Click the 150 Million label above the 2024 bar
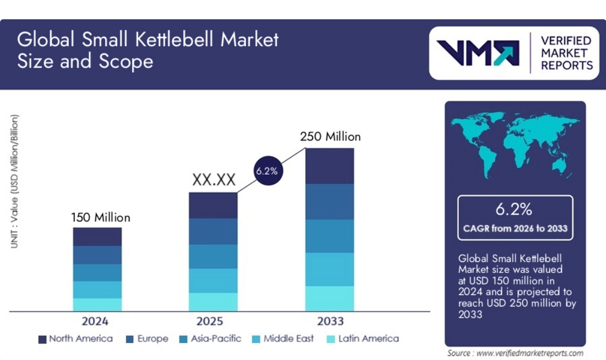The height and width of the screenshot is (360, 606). [100, 217]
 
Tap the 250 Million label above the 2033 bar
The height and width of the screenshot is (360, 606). [330, 136]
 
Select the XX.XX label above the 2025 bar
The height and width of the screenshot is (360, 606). [213, 180]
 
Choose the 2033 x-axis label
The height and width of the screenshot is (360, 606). [330, 321]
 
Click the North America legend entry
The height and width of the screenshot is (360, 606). [75, 338]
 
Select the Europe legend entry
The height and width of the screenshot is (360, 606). [147, 338]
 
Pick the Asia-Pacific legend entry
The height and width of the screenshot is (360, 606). [210, 338]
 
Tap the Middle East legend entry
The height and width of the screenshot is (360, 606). [283, 338]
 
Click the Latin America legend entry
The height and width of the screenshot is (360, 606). [362, 338]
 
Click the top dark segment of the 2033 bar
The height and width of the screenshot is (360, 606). [329, 165]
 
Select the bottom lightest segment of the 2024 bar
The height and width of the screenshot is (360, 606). [98, 304]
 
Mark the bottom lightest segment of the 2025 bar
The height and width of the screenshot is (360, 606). [213, 302]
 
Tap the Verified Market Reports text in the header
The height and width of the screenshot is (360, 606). [566, 53]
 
